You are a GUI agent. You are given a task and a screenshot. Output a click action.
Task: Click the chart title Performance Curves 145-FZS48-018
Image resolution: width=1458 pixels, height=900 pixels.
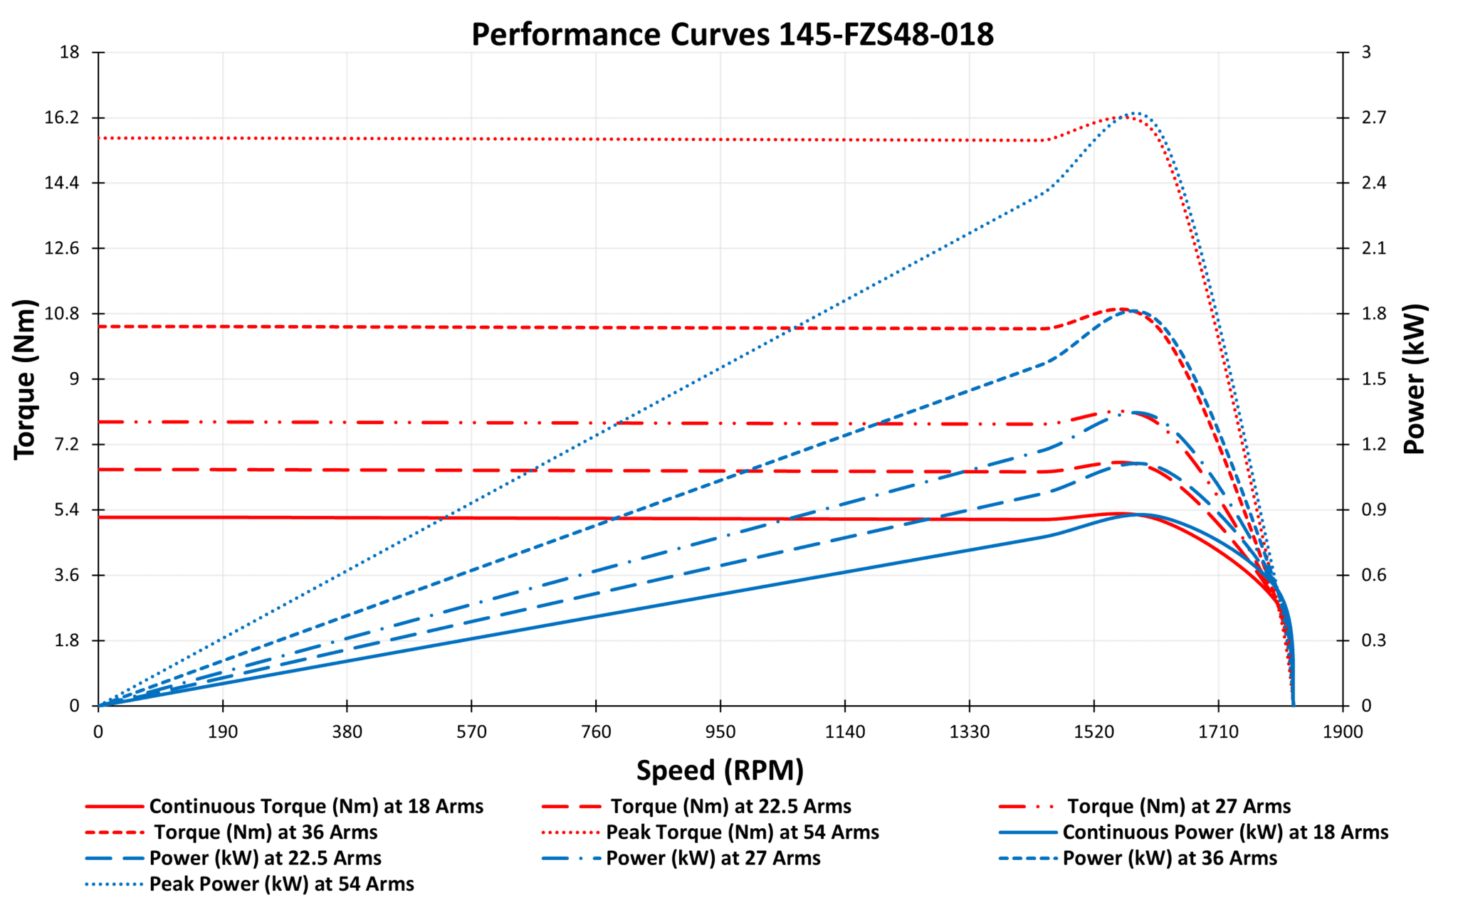[732, 34]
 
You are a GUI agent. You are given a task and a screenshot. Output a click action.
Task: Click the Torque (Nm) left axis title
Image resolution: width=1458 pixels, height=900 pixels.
[24, 378]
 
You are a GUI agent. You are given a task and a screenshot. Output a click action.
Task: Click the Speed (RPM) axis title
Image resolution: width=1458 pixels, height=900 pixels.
[720, 770]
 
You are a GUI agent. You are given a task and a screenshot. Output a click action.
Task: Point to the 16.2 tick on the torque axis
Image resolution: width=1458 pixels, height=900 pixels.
[62, 117]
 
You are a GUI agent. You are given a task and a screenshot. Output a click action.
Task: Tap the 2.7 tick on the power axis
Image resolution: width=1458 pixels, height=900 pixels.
[1373, 117]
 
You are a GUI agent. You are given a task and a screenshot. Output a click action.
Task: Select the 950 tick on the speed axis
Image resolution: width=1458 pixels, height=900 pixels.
[720, 731]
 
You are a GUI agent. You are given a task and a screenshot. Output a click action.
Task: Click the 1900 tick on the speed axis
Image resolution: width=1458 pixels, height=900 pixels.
[1343, 731]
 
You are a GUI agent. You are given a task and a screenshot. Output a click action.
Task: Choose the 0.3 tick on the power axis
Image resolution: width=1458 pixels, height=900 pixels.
[1373, 640]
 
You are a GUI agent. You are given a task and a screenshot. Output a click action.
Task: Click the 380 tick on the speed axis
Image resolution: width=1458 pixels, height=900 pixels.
[347, 731]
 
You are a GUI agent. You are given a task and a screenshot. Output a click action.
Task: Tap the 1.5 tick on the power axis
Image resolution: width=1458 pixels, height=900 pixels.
[1373, 378]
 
